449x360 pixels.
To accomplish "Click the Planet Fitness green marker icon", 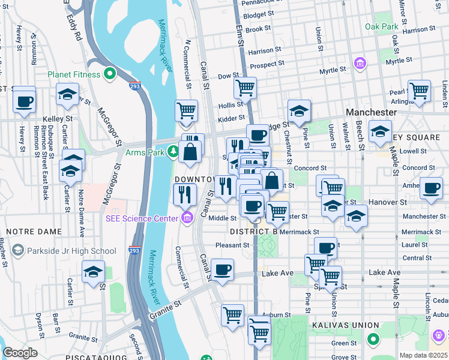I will coord(110,74).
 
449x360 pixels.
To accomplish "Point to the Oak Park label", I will coord(381,27).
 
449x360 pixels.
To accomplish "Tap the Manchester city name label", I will coord(371,112).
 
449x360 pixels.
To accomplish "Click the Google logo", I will coord(20,353).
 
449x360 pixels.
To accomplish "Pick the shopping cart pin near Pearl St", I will coord(419,91).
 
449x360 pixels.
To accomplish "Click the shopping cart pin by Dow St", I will coord(245,88).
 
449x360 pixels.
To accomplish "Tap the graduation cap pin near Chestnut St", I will coord(299,111).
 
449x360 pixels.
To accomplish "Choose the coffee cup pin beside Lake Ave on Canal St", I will coord(222,269).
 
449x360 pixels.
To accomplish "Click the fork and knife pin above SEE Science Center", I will coord(184,194).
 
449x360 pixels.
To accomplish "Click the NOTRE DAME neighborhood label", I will coord(30,231).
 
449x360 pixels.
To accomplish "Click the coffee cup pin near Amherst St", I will coord(431,188).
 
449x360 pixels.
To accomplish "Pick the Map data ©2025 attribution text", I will coord(423,355).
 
